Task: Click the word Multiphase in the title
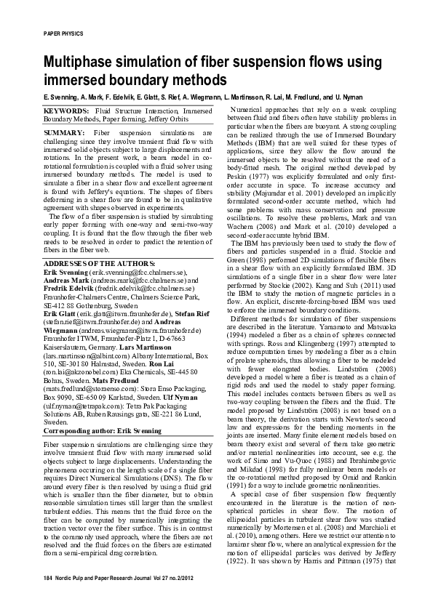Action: (79, 63)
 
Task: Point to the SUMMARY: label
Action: (65, 134)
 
